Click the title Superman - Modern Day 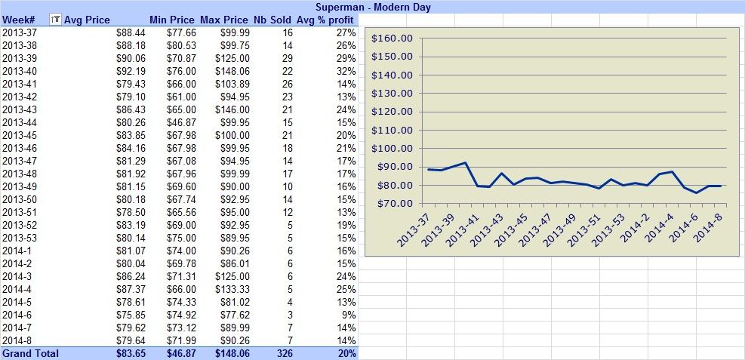coord(373,7)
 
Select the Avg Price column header coord(87,20)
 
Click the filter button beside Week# coord(56,20)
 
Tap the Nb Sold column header coord(273,20)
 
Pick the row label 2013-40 coord(20,71)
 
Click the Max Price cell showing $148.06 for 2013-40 coord(232,71)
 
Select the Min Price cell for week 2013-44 coord(181,122)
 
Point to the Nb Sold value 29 coord(287,58)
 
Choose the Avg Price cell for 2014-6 coord(131,315)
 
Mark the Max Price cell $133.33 coord(232,289)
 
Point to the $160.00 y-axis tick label coord(392,38)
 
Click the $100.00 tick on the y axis coord(392,148)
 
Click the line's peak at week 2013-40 coord(465,162)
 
